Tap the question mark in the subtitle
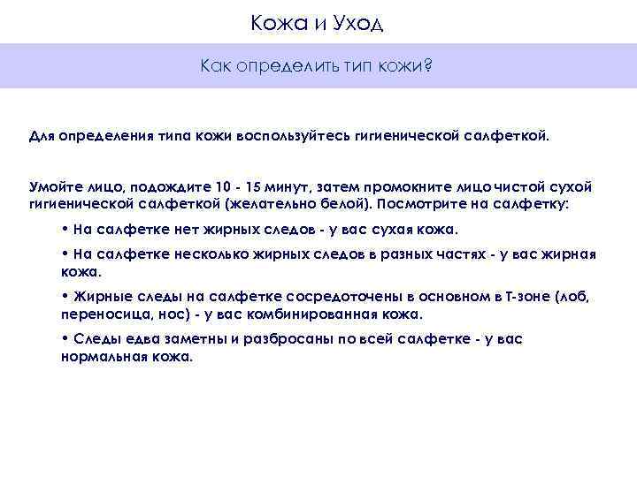[428, 65]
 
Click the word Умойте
[56, 187]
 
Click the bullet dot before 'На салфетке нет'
[65, 229]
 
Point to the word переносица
[100, 313]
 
